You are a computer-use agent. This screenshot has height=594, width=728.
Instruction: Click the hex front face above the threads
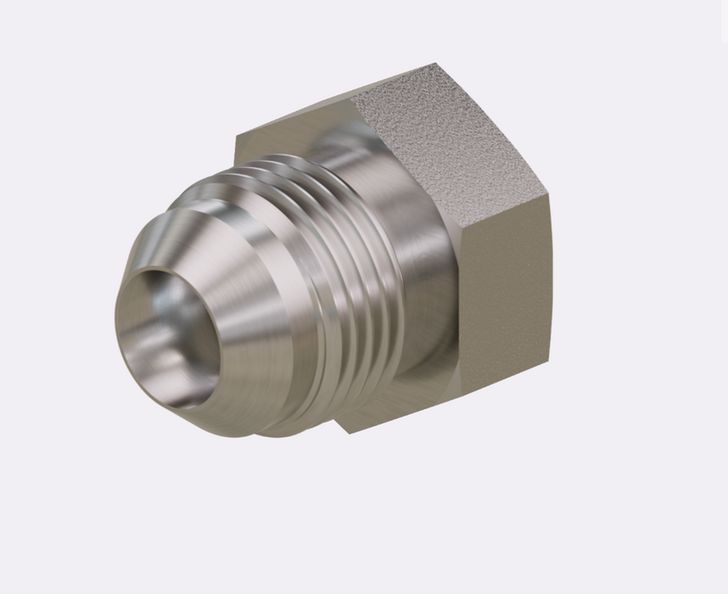click(280, 140)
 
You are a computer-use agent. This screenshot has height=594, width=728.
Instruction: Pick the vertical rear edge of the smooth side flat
click(547, 289)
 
